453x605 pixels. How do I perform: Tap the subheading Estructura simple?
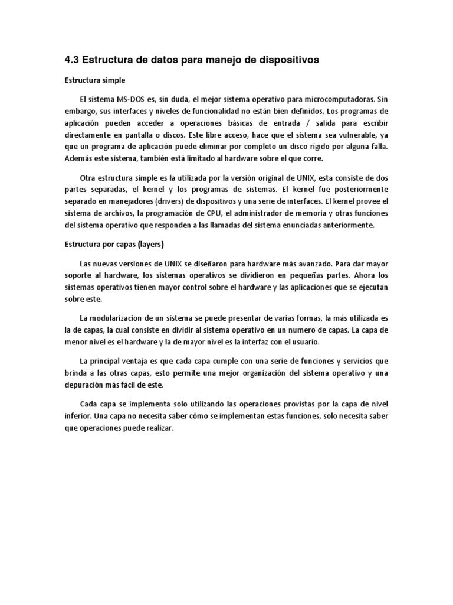[95, 80]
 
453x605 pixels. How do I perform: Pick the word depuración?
[87, 385]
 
